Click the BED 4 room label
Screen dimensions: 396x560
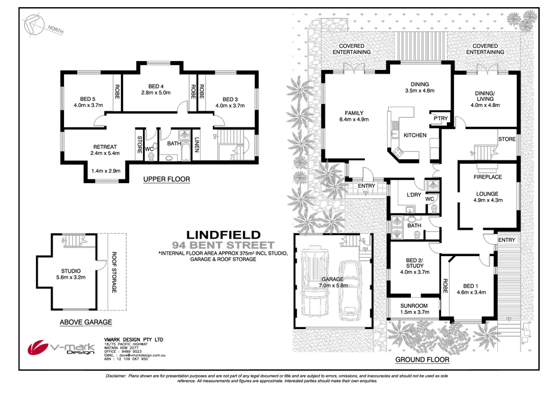tap(156, 85)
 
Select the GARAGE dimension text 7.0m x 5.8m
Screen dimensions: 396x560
tap(332, 287)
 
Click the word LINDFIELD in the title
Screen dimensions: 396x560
tap(223, 234)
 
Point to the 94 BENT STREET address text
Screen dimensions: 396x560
tap(223, 245)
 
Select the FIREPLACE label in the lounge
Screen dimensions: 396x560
tap(488, 177)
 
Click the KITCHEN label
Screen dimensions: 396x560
tap(415, 135)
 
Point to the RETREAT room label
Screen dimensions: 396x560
tap(104, 146)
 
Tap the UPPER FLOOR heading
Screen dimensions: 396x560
tap(166, 179)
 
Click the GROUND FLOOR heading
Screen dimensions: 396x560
tap(422, 360)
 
